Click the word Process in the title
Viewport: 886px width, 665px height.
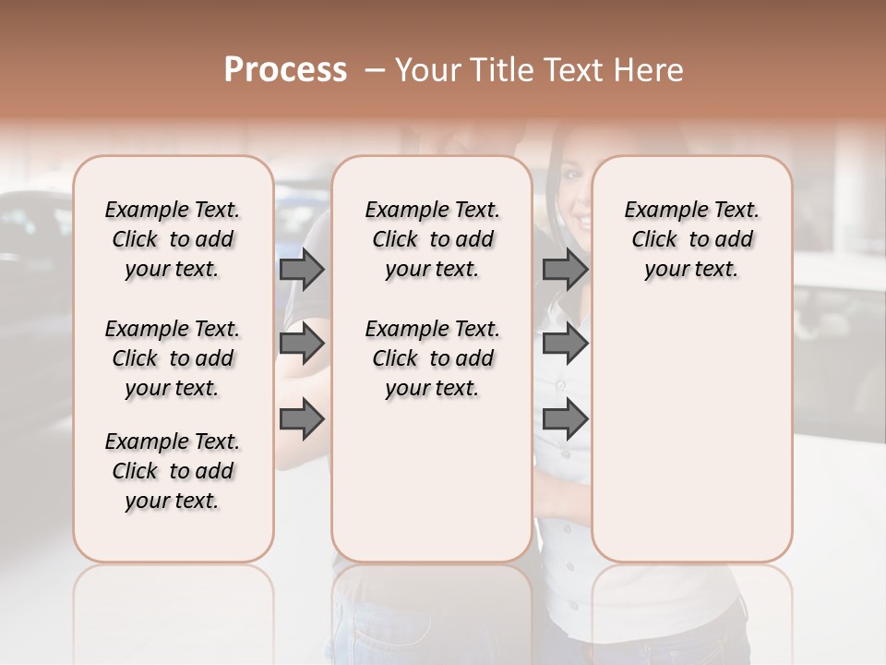(x=285, y=70)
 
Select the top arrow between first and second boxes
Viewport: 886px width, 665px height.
(x=302, y=269)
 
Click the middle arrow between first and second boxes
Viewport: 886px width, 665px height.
(x=302, y=344)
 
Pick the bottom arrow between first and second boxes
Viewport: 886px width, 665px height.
(x=302, y=419)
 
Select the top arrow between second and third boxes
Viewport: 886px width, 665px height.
(x=565, y=269)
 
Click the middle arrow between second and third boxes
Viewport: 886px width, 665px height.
(x=565, y=344)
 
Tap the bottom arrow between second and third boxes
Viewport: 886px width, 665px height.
(x=565, y=419)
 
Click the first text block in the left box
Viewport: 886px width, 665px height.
(x=173, y=239)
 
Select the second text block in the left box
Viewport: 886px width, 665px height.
(x=173, y=358)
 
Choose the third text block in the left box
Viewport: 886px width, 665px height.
(x=173, y=471)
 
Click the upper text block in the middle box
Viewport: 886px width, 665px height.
(x=432, y=239)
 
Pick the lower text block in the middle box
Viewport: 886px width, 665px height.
(x=432, y=358)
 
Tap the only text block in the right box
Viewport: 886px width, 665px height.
(x=691, y=239)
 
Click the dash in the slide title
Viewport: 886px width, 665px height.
(x=374, y=70)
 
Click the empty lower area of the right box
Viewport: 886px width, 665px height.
(x=691, y=434)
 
